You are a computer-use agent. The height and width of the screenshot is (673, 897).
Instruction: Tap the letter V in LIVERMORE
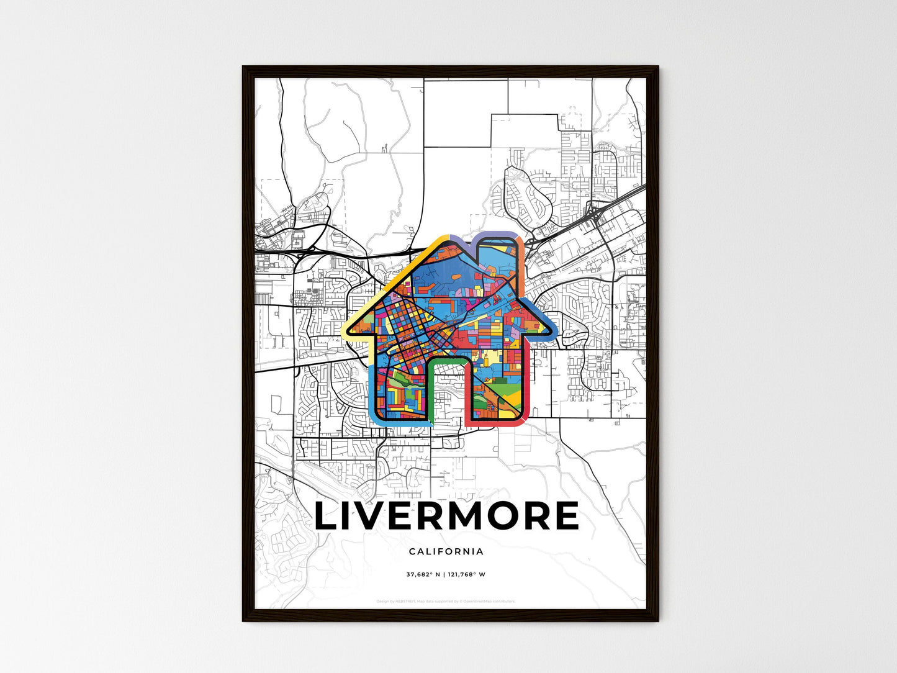pos(379,516)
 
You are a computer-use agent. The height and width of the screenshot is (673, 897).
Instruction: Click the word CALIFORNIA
pos(446,551)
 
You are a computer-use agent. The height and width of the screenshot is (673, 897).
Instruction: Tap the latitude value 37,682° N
pos(423,574)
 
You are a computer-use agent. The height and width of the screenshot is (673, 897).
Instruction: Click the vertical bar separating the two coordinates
pos(444,574)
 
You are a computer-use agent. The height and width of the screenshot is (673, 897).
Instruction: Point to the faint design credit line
pos(446,601)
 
